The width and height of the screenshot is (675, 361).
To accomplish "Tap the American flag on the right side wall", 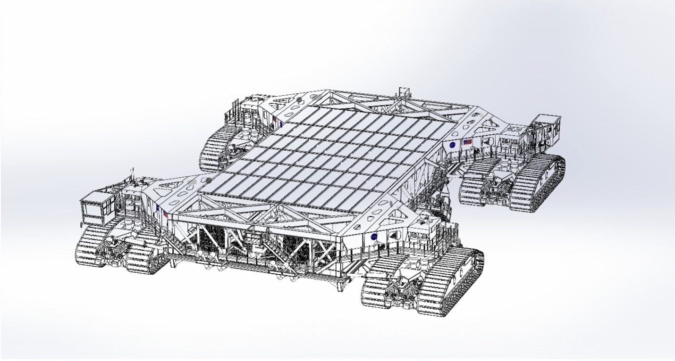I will pyautogui.click(x=467, y=141).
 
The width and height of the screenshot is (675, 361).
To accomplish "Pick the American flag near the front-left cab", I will pyautogui.click(x=165, y=213).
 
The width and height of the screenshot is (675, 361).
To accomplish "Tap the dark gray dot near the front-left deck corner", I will pyautogui.click(x=208, y=180).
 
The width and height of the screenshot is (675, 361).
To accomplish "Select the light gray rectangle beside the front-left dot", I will pyautogui.click(x=191, y=180).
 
